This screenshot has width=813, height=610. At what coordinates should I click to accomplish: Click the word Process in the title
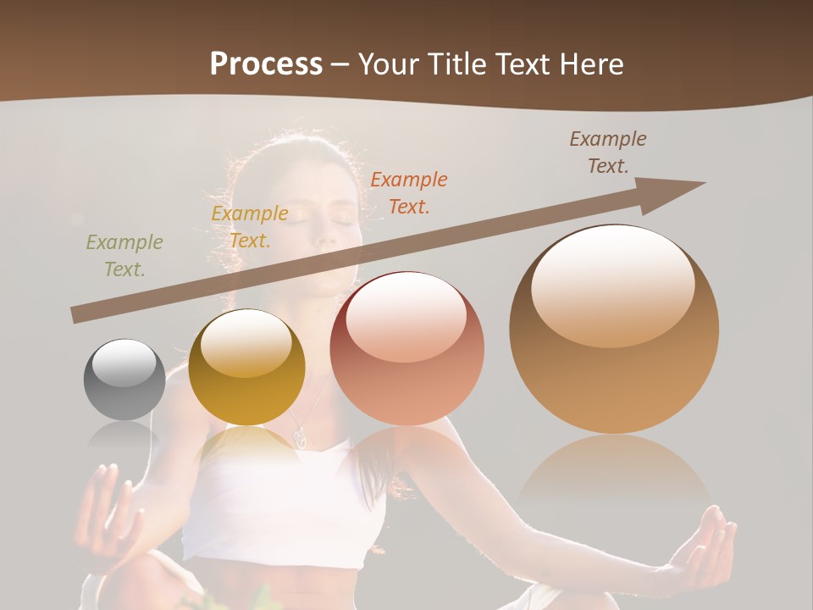pos(266,64)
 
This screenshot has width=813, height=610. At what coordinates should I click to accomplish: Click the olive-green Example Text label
pos(124,256)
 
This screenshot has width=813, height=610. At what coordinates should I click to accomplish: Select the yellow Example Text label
pos(250,227)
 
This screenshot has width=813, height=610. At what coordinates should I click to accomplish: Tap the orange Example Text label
pos(409,192)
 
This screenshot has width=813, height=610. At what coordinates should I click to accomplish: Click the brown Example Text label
pos(608,152)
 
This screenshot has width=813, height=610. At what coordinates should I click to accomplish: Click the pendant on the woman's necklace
pos(298,437)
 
